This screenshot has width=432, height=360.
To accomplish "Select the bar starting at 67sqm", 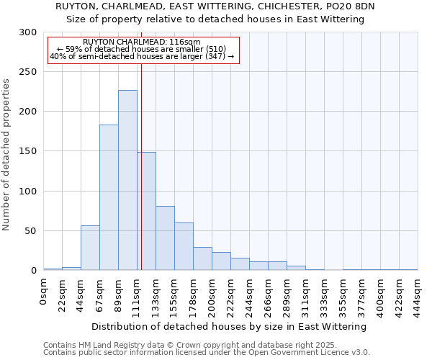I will click(109, 197).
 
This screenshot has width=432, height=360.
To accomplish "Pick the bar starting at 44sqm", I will click(90, 248).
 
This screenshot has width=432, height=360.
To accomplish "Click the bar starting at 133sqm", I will click(165, 238).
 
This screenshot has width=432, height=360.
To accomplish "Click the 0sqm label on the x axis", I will click(44, 291).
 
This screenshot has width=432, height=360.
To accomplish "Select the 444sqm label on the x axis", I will click(418, 295).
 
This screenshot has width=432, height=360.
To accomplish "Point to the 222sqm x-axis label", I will click(231, 295).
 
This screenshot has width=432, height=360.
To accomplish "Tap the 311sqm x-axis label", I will click(306, 295).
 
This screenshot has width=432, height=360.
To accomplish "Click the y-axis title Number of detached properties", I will click(6, 155).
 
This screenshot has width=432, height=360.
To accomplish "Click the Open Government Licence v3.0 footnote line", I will click(206, 352).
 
